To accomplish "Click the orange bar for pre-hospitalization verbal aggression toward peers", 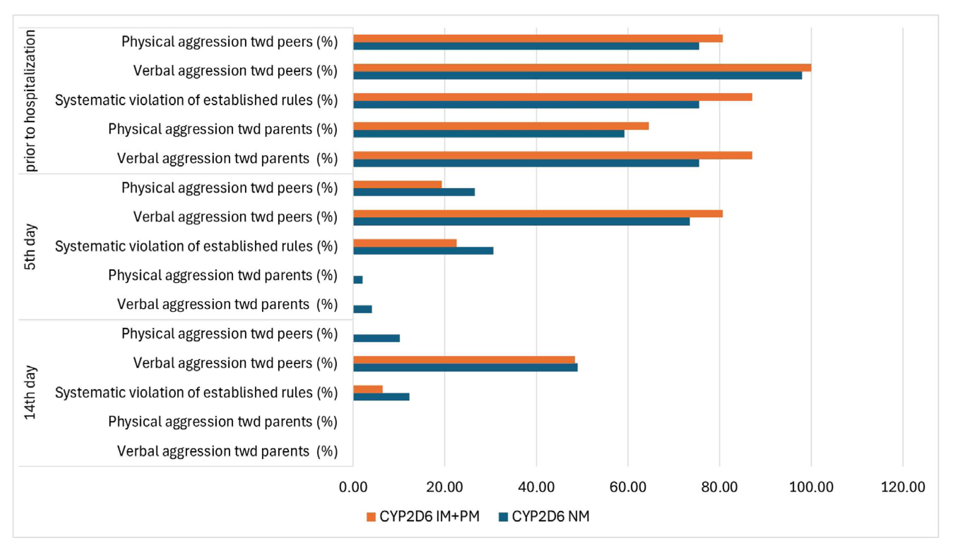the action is pyautogui.click(x=582, y=68).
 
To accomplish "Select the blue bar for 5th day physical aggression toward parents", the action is pyautogui.click(x=358, y=280).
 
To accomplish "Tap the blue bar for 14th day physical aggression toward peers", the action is pyautogui.click(x=377, y=338).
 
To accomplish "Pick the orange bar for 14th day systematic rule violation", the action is pyautogui.click(x=368, y=389).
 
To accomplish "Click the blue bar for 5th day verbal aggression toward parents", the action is pyautogui.click(x=363, y=309).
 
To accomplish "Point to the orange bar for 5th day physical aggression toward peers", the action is pyautogui.click(x=398, y=185).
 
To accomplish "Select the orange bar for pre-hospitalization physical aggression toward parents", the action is pyautogui.click(x=501, y=126).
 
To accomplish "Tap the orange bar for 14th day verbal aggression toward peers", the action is pyautogui.click(x=464, y=360).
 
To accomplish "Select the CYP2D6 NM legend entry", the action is pyautogui.click(x=544, y=516).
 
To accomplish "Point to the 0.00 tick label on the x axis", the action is pyautogui.click(x=353, y=487).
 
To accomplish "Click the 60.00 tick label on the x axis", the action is pyautogui.click(x=628, y=487).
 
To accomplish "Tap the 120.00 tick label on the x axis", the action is pyautogui.click(x=903, y=487).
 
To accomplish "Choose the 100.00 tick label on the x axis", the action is pyautogui.click(x=811, y=487).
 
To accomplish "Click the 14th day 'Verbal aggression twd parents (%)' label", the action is pyautogui.click(x=227, y=452).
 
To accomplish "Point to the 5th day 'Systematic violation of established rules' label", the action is pyautogui.click(x=196, y=247).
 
